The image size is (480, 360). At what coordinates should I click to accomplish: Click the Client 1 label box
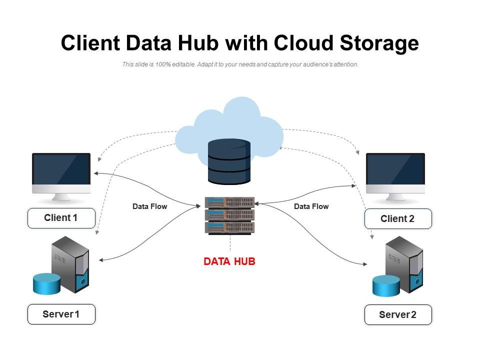[x=61, y=218]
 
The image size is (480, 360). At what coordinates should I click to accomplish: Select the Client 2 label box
[x=397, y=219]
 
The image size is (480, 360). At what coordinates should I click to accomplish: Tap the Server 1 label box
[x=61, y=314]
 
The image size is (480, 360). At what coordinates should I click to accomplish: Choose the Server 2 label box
[x=397, y=314]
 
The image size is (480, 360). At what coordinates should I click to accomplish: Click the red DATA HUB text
[x=229, y=261]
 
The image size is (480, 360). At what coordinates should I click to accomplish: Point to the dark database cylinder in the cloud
[x=229, y=161]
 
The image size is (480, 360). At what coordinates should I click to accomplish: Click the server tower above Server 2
[x=404, y=264]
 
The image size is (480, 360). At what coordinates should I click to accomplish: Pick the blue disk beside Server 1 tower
[x=46, y=284]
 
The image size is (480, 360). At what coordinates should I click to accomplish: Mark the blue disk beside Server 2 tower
[x=386, y=285]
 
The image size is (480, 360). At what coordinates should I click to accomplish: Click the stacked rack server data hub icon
[x=229, y=215]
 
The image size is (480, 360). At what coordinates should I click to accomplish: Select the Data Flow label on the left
[x=149, y=206]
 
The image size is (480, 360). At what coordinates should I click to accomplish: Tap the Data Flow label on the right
[x=311, y=206]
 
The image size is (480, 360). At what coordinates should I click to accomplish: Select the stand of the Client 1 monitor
[x=61, y=197]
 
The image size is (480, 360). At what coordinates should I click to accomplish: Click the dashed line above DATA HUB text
[x=230, y=244]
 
